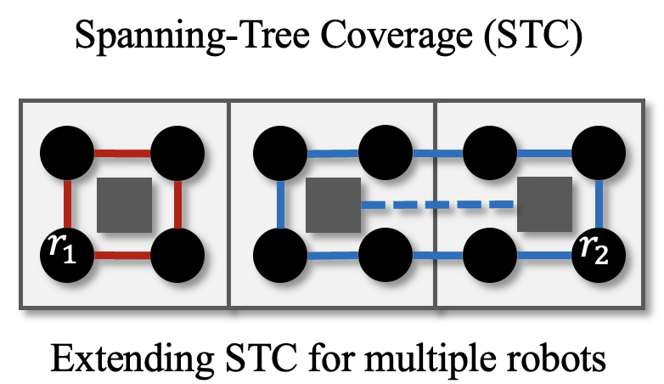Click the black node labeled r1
pyautogui.click(x=67, y=255)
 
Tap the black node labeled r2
pyautogui.click(x=599, y=255)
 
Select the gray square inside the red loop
pyautogui.click(x=125, y=205)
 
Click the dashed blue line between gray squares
pyautogui.click(x=437, y=205)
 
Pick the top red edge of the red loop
pyautogui.click(x=122, y=153)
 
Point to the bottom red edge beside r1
pyautogui.click(x=122, y=256)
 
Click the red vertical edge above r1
pyautogui.click(x=67, y=205)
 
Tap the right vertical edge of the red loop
pyautogui.click(x=177, y=205)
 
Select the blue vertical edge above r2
pyautogui.click(x=599, y=205)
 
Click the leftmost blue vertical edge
pyautogui.click(x=280, y=205)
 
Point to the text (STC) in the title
pyautogui.click(x=534, y=35)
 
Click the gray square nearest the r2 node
pyautogui.click(x=544, y=205)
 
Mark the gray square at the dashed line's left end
pyautogui.click(x=333, y=205)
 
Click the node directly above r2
pyautogui.click(x=599, y=153)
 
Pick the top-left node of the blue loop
pyautogui.click(x=280, y=153)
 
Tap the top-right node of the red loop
pyautogui.click(x=177, y=153)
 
